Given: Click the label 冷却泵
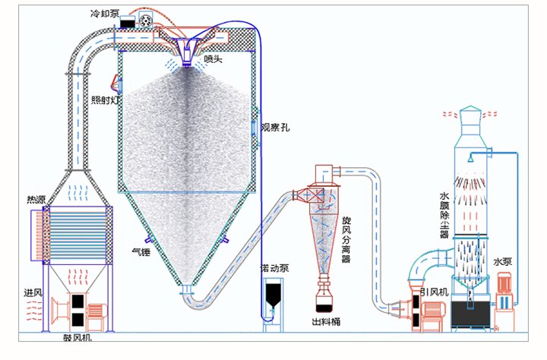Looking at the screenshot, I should [103, 13].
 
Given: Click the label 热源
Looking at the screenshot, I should [36, 200].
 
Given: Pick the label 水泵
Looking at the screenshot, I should [502, 262].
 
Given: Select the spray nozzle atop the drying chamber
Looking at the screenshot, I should [187, 54].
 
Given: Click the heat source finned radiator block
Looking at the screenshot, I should [73, 235].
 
